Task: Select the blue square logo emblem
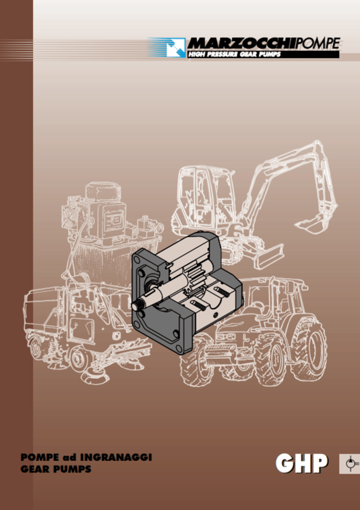[x=176, y=47]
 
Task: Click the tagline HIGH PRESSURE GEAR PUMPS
[x=234, y=54]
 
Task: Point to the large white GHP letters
[x=301, y=463]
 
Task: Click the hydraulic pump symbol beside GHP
[x=350, y=463]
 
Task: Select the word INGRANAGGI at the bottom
[x=116, y=457]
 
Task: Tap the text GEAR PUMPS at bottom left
[x=55, y=469]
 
